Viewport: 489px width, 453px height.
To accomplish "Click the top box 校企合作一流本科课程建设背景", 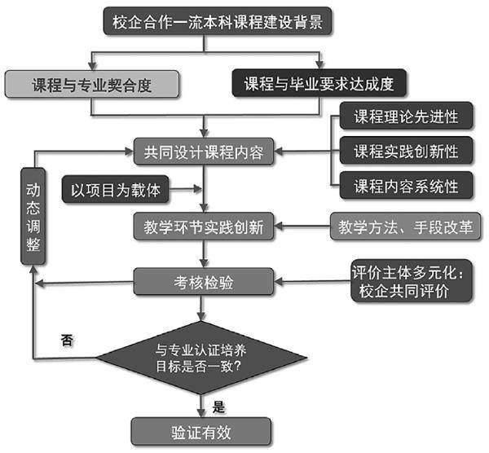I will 219,22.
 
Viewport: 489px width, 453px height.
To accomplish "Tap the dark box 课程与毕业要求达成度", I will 319,82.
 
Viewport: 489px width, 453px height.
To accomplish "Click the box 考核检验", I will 204,283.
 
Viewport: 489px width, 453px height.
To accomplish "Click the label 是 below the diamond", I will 218,403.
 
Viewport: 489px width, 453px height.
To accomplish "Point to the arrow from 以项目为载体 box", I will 186,190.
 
